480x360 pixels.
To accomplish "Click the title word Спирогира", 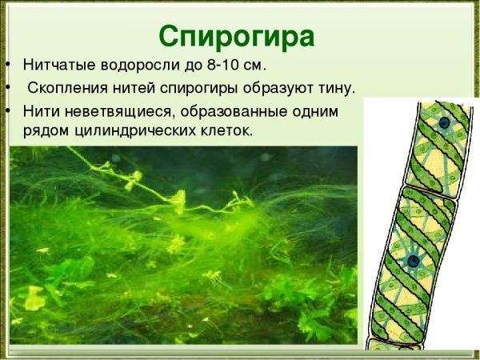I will (x=236, y=35).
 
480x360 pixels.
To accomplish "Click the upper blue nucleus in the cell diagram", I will (x=444, y=123).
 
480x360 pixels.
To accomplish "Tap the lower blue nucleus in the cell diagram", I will (x=413, y=261).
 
